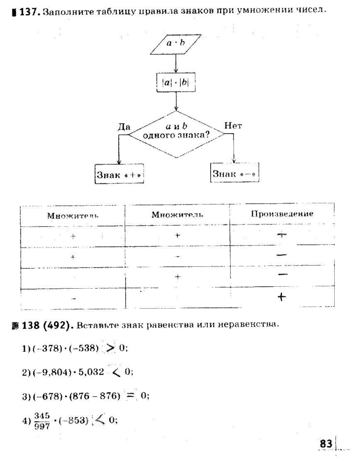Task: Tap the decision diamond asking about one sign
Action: pos(176,134)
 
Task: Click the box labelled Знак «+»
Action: pos(120,175)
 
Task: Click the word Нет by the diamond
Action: pos(233,126)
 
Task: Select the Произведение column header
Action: pos(282,214)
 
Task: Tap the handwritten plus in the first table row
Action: pos(282,235)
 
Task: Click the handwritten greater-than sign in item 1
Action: pos(110,348)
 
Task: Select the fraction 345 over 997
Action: pos(41,421)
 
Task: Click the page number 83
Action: pos(326,444)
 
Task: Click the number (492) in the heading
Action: pos(56,324)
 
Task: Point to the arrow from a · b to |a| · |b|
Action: pos(176,63)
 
